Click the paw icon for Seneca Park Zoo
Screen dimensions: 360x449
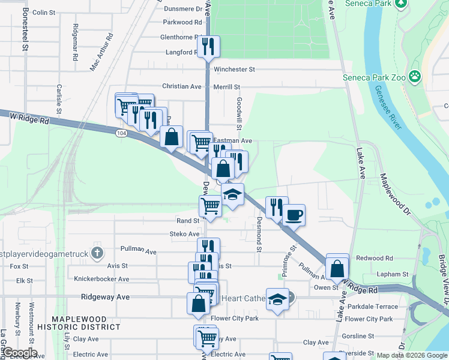click(414, 76)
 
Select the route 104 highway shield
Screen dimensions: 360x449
click(122, 133)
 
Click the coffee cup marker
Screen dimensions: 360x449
click(294, 215)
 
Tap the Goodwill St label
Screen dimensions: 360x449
click(239, 113)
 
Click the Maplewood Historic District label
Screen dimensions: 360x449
click(77, 323)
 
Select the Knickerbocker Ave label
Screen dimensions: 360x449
click(101, 279)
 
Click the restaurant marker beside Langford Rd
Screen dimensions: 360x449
click(208, 47)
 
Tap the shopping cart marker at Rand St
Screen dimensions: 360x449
click(211, 205)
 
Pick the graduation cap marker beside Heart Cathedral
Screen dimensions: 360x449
click(277, 300)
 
